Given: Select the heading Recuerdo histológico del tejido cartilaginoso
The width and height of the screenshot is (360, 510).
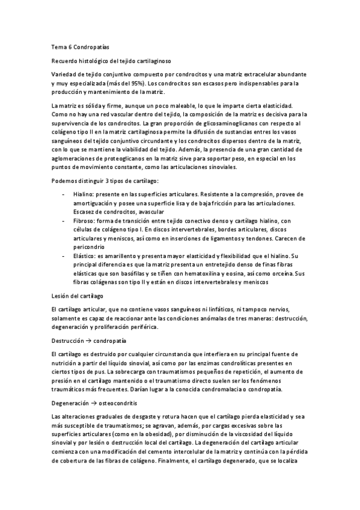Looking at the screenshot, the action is pyautogui.click(x=112, y=61).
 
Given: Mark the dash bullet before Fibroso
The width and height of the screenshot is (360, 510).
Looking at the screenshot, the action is pyautogui.click(x=64, y=221).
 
